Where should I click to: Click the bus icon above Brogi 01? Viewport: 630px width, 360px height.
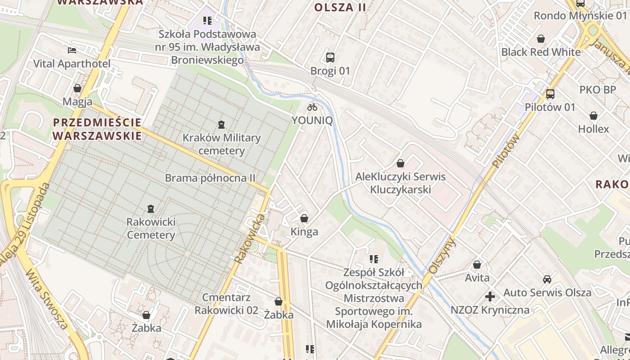[x=330, y=58]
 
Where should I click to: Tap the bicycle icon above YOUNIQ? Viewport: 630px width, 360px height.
[x=312, y=107]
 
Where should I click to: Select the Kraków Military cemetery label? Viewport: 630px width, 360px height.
[x=221, y=144]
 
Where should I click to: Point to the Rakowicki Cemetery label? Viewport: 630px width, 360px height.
[x=151, y=228]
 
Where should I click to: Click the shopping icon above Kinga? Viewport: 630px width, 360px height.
[x=304, y=219]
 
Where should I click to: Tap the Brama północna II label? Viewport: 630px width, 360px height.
[x=210, y=178]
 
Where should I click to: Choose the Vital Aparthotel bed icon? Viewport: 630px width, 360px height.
[x=72, y=50]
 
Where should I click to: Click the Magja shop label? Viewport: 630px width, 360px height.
[x=77, y=102]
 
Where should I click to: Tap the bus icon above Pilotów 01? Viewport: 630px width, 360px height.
[x=550, y=94]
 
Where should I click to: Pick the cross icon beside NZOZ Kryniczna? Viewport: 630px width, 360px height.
[x=490, y=297]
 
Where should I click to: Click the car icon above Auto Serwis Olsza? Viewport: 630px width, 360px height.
[x=547, y=279]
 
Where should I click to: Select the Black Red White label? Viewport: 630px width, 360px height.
[x=541, y=52]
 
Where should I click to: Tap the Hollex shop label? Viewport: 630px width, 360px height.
[x=594, y=129]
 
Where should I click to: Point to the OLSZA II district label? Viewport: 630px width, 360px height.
[x=340, y=7]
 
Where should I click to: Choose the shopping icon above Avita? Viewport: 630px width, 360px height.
[x=477, y=265]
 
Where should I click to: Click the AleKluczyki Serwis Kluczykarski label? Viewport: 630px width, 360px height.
[x=400, y=183]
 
